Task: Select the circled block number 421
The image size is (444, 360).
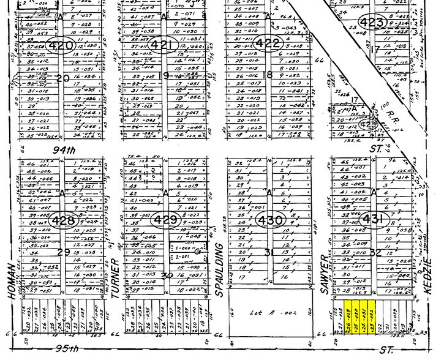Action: tap(165, 44)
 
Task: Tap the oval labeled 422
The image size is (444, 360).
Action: tap(268, 43)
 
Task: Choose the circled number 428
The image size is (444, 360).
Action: tap(64, 220)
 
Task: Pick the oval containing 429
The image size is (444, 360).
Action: tap(166, 220)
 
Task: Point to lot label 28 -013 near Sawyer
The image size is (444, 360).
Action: tap(343, 289)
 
